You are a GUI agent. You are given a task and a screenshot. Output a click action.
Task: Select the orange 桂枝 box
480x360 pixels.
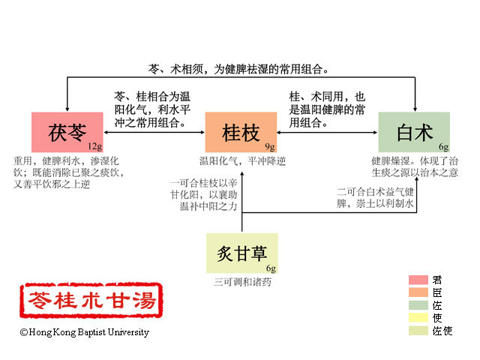(241, 132)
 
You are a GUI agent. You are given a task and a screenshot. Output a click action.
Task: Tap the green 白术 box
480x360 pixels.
(413, 132)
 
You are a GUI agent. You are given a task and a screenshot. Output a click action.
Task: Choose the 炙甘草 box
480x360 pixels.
(241, 253)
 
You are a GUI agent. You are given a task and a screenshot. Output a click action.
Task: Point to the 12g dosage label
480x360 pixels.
(94, 145)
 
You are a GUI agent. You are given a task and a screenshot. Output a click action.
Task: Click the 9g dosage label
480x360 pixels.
(271, 145)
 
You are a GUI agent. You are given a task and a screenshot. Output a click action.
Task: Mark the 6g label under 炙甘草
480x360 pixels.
(271, 268)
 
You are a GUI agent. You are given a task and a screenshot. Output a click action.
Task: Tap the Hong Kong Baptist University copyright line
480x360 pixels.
(84, 332)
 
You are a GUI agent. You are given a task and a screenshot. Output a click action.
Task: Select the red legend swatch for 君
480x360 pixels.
(418, 280)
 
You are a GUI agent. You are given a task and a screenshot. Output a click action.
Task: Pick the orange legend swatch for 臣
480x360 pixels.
(418, 292)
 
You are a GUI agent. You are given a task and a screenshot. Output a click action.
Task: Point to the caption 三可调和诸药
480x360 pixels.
(241, 283)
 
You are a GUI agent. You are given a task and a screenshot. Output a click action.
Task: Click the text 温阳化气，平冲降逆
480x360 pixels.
(241, 160)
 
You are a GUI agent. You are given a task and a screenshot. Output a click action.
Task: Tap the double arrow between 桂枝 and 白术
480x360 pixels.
(327, 133)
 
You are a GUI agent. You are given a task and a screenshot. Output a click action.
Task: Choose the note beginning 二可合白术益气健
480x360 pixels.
(375, 196)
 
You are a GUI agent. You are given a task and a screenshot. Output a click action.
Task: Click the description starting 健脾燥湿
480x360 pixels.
(414, 166)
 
